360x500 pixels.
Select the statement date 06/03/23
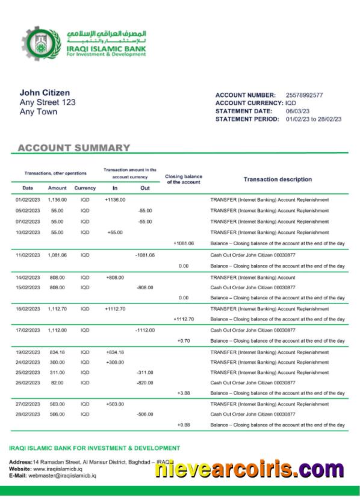(297, 111)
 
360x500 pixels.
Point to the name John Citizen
(45, 93)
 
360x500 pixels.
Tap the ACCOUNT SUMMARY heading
(74, 148)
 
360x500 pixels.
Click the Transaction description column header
(278, 180)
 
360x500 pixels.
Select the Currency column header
(85, 188)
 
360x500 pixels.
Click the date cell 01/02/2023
(28, 199)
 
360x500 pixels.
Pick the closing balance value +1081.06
(184, 243)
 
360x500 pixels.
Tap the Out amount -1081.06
(145, 255)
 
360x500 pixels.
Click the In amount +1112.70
(115, 308)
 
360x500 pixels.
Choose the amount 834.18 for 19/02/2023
(57, 352)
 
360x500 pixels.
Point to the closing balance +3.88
(184, 393)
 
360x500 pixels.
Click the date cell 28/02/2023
(28, 414)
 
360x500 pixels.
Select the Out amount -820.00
(145, 383)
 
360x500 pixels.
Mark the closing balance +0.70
(184, 341)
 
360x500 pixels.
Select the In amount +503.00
(115, 404)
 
